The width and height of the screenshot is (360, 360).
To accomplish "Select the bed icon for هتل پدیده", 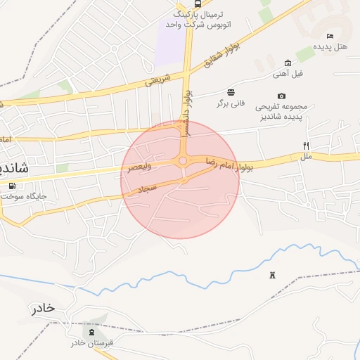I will pos(330,36).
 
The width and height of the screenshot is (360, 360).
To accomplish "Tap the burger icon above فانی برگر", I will pos(231,92).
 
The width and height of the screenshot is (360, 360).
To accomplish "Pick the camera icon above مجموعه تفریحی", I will pos(282,96).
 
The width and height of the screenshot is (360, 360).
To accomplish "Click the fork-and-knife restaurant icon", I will pos(306,146).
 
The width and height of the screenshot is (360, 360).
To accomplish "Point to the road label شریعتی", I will pos(158,82).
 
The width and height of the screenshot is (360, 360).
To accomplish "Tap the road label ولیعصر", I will pos(140,167).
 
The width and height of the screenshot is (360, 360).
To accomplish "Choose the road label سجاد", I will pos(146,188).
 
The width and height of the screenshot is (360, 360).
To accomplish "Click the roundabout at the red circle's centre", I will pos(183,161).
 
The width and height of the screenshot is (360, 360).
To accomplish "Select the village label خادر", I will pos(41,309).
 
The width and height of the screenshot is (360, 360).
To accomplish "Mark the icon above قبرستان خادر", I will pos(91,330).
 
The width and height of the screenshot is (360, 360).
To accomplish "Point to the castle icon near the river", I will pos(272,275).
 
